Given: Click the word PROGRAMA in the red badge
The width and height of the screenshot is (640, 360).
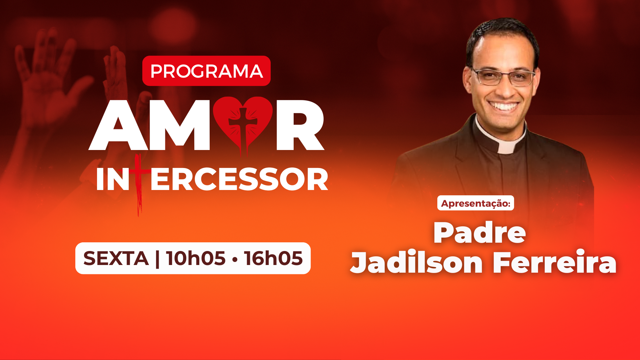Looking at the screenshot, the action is click(206, 71).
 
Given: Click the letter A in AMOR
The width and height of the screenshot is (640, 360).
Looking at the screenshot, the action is click(118, 125).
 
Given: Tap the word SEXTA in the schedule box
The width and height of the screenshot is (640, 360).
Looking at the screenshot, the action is click(116, 258).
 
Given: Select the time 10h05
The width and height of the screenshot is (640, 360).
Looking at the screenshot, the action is click(196, 258).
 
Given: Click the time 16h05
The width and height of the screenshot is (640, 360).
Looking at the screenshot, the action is click(273, 258).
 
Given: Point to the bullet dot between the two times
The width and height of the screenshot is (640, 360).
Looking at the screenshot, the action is click(235, 259).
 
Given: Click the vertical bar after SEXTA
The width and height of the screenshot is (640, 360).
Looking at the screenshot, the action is click(157, 258).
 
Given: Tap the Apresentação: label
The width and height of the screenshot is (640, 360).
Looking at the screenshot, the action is click(476, 203).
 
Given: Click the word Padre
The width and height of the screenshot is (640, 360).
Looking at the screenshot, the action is click(480, 232).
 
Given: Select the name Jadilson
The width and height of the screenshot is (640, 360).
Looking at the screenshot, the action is click(417, 262).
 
